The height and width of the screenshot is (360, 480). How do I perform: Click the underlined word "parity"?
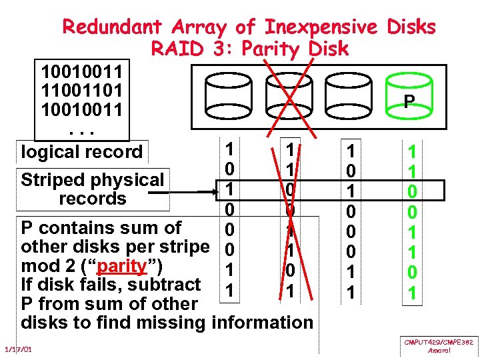[122, 266]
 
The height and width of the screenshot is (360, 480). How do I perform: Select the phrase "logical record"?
[81, 152]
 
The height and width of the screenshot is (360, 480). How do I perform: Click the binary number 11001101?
[81, 89]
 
